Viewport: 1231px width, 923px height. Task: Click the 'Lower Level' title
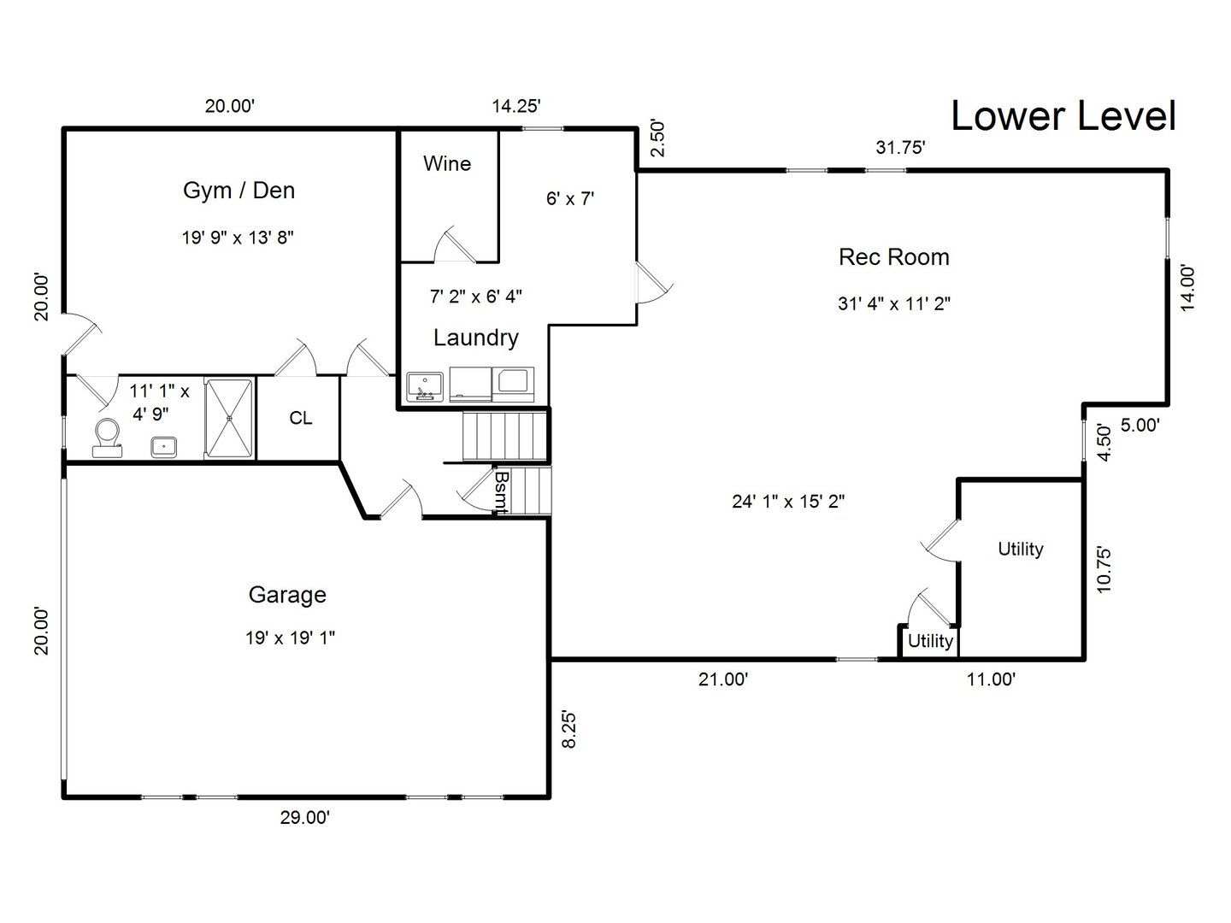point(1063,116)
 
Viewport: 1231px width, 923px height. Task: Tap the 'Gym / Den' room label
point(239,190)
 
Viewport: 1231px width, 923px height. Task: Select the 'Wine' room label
point(447,163)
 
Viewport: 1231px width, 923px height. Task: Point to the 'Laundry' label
point(475,338)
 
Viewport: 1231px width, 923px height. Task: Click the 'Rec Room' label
point(893,256)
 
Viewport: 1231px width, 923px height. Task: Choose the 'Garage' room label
point(287,594)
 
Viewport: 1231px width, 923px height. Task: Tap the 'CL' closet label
point(300,418)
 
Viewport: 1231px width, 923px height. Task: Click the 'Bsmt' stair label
point(502,491)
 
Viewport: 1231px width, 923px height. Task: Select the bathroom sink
point(164,446)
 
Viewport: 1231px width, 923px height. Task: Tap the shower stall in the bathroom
point(229,419)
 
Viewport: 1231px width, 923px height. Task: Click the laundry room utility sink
point(424,386)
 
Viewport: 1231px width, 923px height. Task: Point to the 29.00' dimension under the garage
point(305,818)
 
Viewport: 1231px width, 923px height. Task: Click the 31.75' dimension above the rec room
point(901,147)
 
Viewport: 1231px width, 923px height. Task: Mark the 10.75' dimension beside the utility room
point(1104,570)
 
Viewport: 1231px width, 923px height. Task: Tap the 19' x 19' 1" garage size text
point(290,638)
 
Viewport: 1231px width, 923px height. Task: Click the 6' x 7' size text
point(570,199)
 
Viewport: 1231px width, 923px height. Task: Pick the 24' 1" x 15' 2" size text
point(788,502)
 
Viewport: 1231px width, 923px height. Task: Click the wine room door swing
point(453,246)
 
